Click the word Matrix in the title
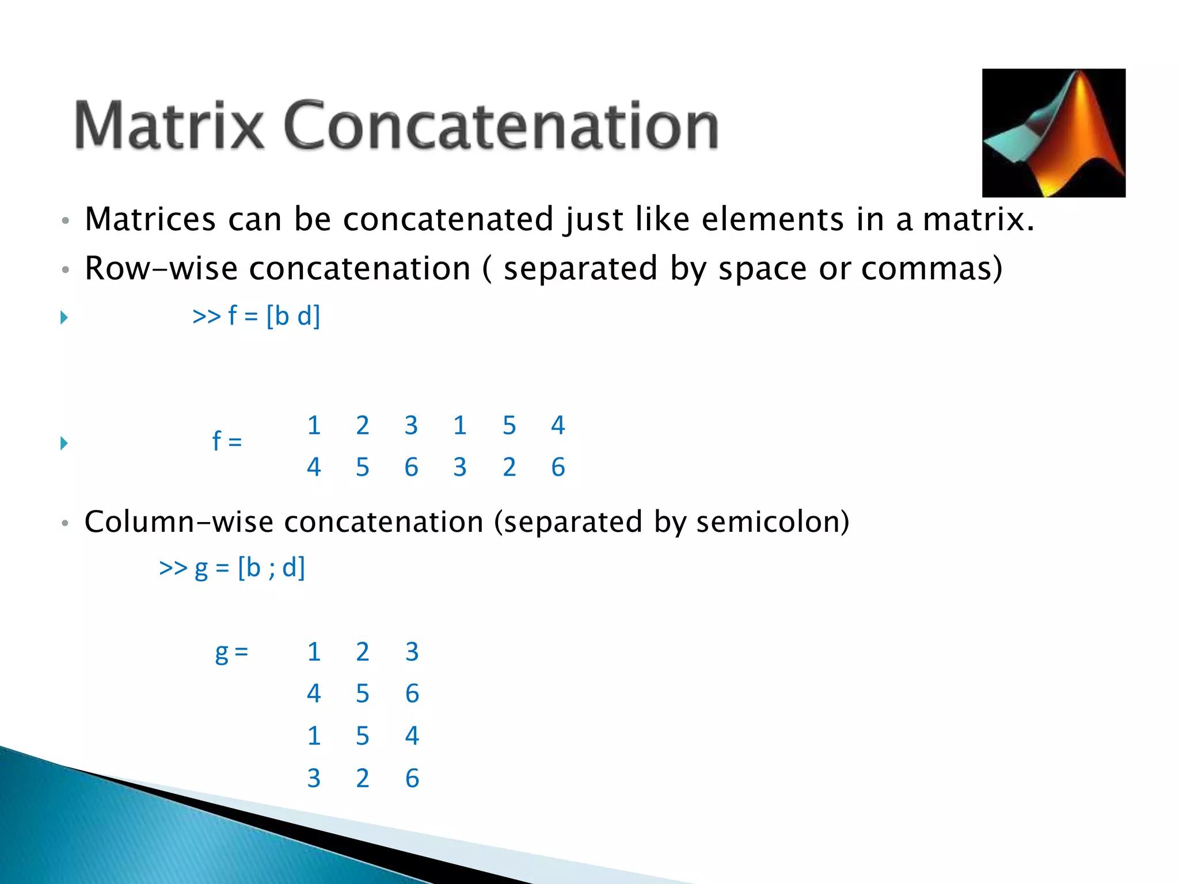point(169,125)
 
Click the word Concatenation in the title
point(500,125)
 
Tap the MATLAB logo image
point(1053,133)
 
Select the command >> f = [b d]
point(256,316)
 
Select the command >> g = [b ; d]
point(231,568)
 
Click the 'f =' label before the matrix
point(227,442)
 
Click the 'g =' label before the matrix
point(231,653)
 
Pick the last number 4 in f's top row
point(558,425)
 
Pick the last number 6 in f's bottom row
point(558,467)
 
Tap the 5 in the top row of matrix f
point(509,425)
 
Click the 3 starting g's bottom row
point(314,779)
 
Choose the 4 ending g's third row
point(412,736)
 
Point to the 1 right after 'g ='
point(314,652)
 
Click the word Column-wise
point(178,522)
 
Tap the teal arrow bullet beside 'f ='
point(64,443)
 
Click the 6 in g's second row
point(412,694)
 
